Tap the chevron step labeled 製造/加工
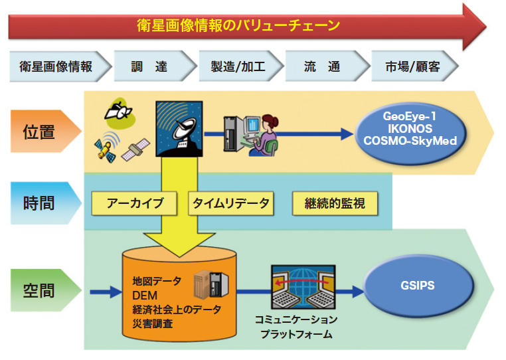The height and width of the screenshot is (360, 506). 238,67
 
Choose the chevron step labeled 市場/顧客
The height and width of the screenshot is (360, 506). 412,67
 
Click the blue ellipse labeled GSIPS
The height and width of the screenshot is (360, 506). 418,286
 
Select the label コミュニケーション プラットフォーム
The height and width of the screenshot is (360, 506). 296,327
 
